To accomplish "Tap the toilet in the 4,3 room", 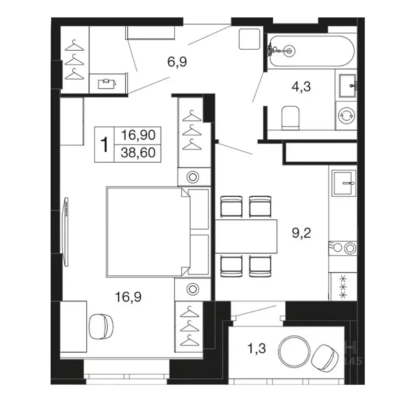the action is click(291, 118).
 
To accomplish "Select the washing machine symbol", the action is click(347, 115).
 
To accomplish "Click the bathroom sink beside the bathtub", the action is click(348, 86).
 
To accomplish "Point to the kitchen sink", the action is click(344, 183).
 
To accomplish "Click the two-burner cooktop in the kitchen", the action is click(343, 248).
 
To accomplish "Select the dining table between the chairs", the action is click(246, 236).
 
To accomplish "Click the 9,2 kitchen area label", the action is click(301, 233).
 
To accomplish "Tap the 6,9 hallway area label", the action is click(177, 62).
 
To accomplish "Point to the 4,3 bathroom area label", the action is click(301, 86).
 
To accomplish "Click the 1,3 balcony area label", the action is click(256, 349).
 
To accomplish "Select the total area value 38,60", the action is click(138, 152).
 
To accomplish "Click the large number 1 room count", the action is click(104, 144).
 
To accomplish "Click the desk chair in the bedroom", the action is click(101, 327).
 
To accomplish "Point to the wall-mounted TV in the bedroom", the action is click(65, 232).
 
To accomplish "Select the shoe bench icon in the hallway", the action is click(107, 83).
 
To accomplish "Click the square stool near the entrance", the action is click(250, 39).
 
